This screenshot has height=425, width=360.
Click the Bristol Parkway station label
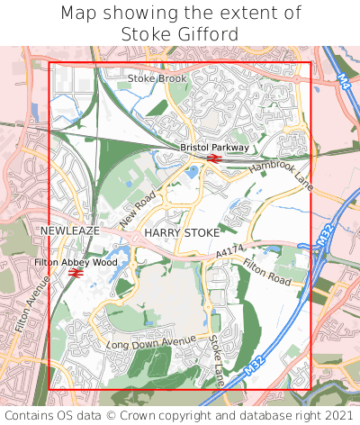tap(214, 147)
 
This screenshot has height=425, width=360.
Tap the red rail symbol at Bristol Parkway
tap(214, 158)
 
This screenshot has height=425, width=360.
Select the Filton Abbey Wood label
tap(76, 262)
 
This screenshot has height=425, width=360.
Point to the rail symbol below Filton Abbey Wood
tap(76, 272)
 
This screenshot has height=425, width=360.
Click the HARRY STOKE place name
tap(182, 232)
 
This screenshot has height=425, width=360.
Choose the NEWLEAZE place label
tap(69, 231)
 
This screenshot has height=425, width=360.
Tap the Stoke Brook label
tap(157, 78)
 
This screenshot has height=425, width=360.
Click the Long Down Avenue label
tap(150, 343)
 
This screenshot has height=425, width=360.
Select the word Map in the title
tap(78, 14)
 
